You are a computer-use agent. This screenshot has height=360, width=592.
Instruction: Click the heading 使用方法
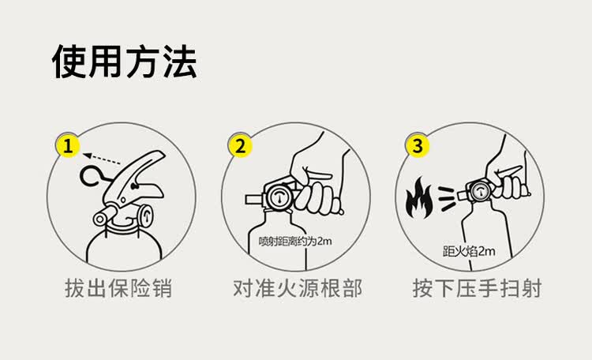coord(125,62)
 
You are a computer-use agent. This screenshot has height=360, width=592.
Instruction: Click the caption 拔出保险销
coord(118,288)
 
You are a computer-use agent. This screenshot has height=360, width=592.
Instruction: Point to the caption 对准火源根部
coord(297,288)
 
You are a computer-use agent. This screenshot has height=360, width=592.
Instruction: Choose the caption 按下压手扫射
coord(477,288)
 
